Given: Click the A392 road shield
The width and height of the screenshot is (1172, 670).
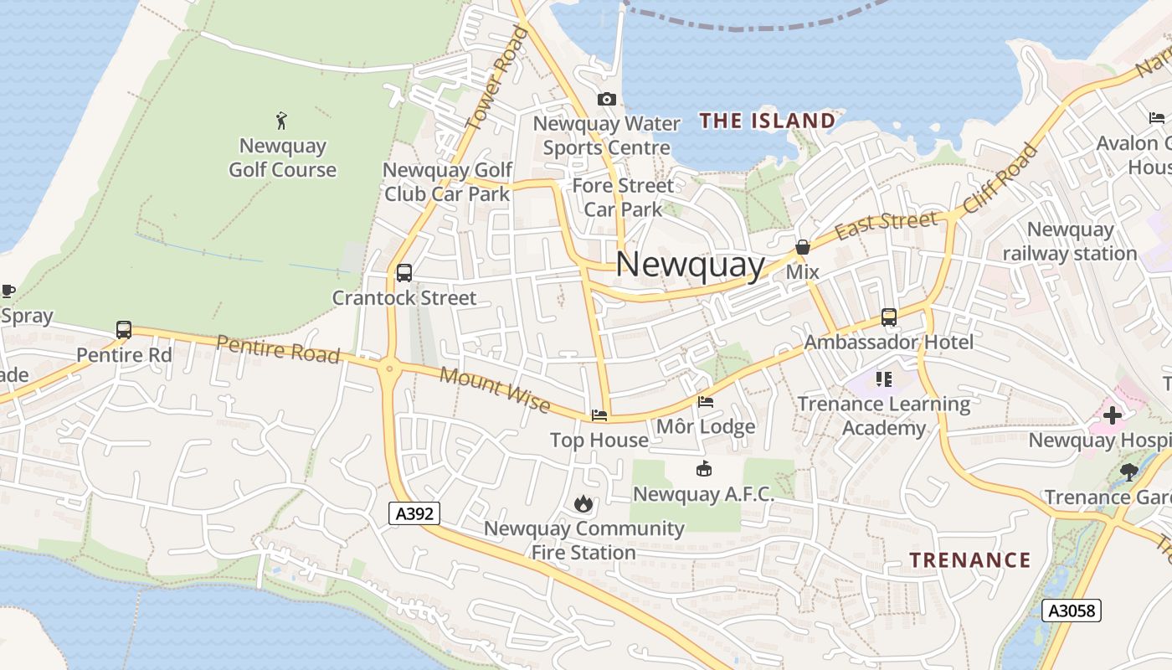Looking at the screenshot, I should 414,513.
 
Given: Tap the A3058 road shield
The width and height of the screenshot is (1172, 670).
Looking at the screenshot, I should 1072,611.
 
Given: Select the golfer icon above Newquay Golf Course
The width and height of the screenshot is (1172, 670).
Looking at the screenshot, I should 281,121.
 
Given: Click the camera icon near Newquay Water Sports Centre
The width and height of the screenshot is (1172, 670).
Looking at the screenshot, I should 607,100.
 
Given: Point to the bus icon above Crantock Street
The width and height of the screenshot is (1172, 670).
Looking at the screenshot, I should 404,273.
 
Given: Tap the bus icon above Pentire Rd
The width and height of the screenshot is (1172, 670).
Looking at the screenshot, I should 124,330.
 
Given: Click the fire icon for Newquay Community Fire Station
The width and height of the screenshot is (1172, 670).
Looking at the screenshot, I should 583,503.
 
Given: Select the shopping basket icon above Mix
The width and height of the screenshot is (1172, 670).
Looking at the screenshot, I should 802,247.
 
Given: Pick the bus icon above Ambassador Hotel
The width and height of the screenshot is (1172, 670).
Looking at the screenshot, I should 888,318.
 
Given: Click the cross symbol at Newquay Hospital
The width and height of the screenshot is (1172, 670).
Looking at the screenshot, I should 1112,415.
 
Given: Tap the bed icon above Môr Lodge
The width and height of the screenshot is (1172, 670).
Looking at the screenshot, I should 706,402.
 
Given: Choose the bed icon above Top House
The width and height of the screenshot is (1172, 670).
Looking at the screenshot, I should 599,415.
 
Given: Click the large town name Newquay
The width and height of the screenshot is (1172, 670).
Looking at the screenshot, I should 691,265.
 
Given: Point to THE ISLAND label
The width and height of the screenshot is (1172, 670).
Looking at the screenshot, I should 768,121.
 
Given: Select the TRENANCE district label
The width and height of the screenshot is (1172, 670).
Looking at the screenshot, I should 970,559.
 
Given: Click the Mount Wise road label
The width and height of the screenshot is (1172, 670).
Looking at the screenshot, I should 495,390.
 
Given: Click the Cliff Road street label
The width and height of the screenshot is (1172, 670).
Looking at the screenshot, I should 1000,179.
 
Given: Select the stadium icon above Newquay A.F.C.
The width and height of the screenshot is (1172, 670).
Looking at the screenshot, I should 704,469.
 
